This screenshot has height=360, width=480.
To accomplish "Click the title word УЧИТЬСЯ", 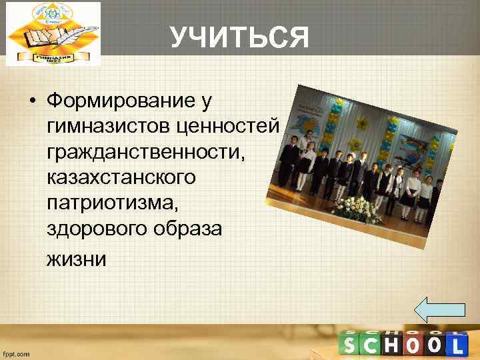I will [239, 38].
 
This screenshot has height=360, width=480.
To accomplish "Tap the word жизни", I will [77, 257].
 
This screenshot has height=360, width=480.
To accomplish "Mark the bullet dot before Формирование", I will [32, 103].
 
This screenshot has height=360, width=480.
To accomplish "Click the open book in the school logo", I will [37, 40].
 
